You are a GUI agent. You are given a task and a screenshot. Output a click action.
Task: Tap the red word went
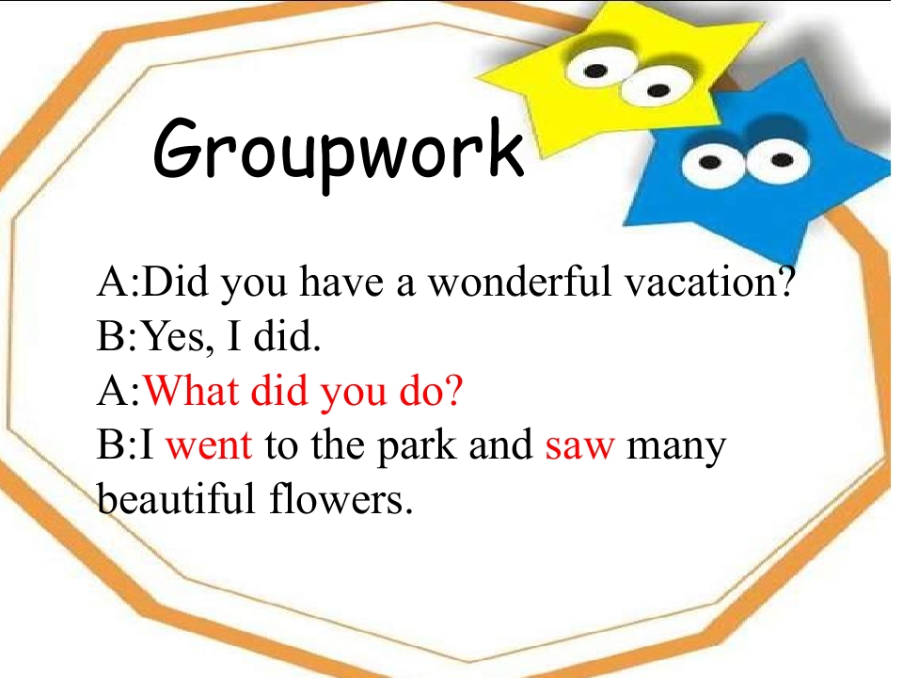tap(209, 444)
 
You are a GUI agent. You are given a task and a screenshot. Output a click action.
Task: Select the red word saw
tap(579, 444)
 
